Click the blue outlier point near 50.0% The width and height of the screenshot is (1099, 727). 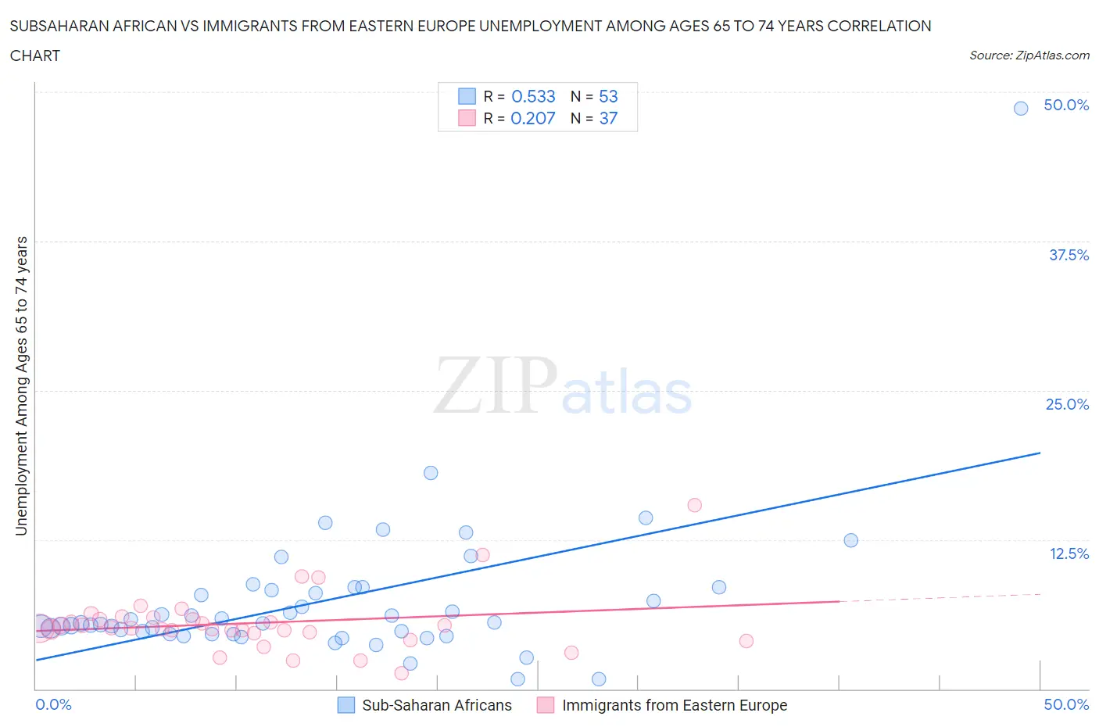pos(1020,109)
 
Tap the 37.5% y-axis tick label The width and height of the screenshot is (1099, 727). pos(1069,255)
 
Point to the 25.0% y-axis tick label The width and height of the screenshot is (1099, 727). pos(1067,404)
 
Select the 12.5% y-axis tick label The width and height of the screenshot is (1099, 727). pos(1069,553)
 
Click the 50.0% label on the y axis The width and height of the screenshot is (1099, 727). pos(1066,105)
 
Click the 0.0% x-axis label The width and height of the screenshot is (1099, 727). pos(53,704)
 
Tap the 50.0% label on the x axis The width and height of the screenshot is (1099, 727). pos(1066,704)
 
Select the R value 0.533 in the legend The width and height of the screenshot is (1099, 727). pos(533,96)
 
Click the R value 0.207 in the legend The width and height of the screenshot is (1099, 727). pos(532,118)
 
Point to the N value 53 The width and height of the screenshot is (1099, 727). pos(608,96)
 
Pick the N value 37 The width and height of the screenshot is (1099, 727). pos(608,118)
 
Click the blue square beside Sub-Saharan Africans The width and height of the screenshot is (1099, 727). pos(345,705)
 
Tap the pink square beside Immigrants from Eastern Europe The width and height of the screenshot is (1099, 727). pos(546,705)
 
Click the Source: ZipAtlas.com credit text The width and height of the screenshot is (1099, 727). pos(1029,55)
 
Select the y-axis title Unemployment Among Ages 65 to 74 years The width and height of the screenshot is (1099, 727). pos(21,385)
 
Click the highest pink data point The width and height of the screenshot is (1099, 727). pos(694,505)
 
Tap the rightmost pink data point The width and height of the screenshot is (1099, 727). pos(746,641)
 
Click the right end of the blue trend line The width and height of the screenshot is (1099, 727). pos(1040,453)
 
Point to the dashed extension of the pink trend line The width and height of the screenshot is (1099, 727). pos(938,598)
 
